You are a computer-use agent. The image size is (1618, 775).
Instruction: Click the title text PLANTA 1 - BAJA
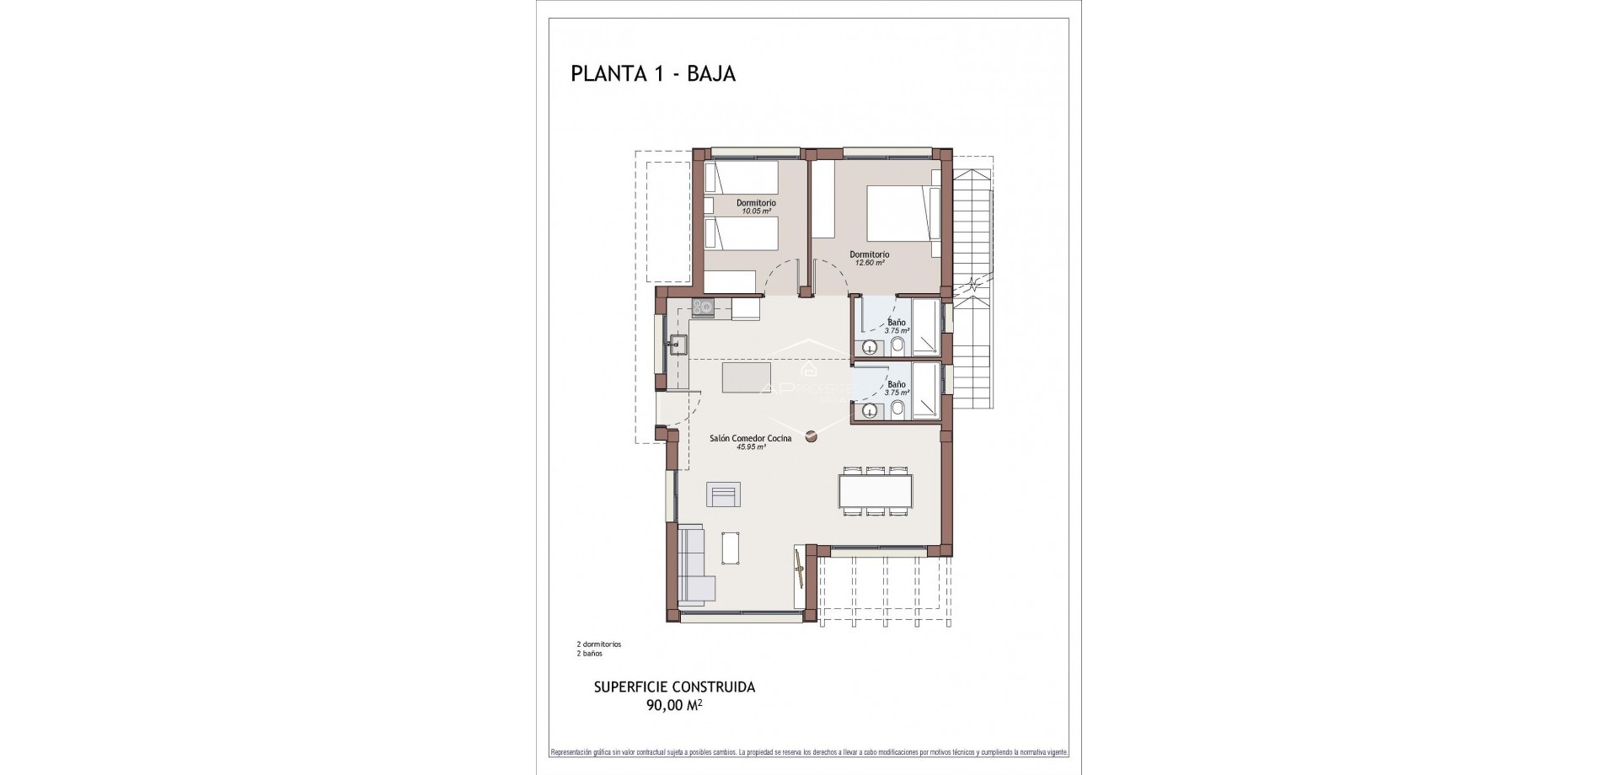point(653,74)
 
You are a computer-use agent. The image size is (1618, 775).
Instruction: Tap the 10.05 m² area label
point(755,211)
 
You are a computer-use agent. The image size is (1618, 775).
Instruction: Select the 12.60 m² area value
point(869,263)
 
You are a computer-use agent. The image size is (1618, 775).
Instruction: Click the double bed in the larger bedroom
point(901,213)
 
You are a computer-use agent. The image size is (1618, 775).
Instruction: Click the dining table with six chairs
point(875,490)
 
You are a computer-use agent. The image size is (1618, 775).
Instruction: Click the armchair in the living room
point(723,494)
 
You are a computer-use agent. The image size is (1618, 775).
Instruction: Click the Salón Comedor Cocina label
point(750,438)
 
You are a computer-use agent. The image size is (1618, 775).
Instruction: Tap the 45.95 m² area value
point(750,447)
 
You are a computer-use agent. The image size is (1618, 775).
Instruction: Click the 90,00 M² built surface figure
point(674,706)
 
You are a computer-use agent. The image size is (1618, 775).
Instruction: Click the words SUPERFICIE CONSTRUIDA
point(674,687)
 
